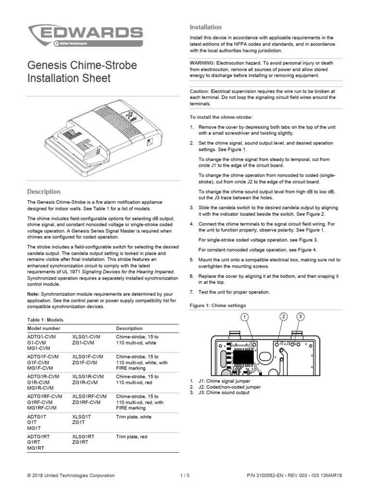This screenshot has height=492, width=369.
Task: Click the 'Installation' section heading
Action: point(206,27)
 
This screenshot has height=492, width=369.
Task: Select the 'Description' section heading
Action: point(44,192)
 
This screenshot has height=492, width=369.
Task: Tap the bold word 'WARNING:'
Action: point(202,63)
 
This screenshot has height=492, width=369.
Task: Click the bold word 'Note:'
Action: point(34,294)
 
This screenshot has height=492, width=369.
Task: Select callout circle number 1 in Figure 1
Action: point(245,317)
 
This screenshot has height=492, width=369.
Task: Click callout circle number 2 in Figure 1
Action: point(283,316)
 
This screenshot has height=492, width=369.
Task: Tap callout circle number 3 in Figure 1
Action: point(300,316)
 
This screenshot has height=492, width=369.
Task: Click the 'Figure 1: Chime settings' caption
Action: point(218,306)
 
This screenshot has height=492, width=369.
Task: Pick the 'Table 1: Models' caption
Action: point(45,320)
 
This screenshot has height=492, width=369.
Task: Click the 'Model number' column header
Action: point(44,328)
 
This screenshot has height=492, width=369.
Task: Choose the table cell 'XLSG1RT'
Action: point(83,436)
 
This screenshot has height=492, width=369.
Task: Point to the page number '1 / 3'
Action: point(184,476)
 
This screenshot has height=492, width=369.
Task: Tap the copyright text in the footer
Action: point(71,476)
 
